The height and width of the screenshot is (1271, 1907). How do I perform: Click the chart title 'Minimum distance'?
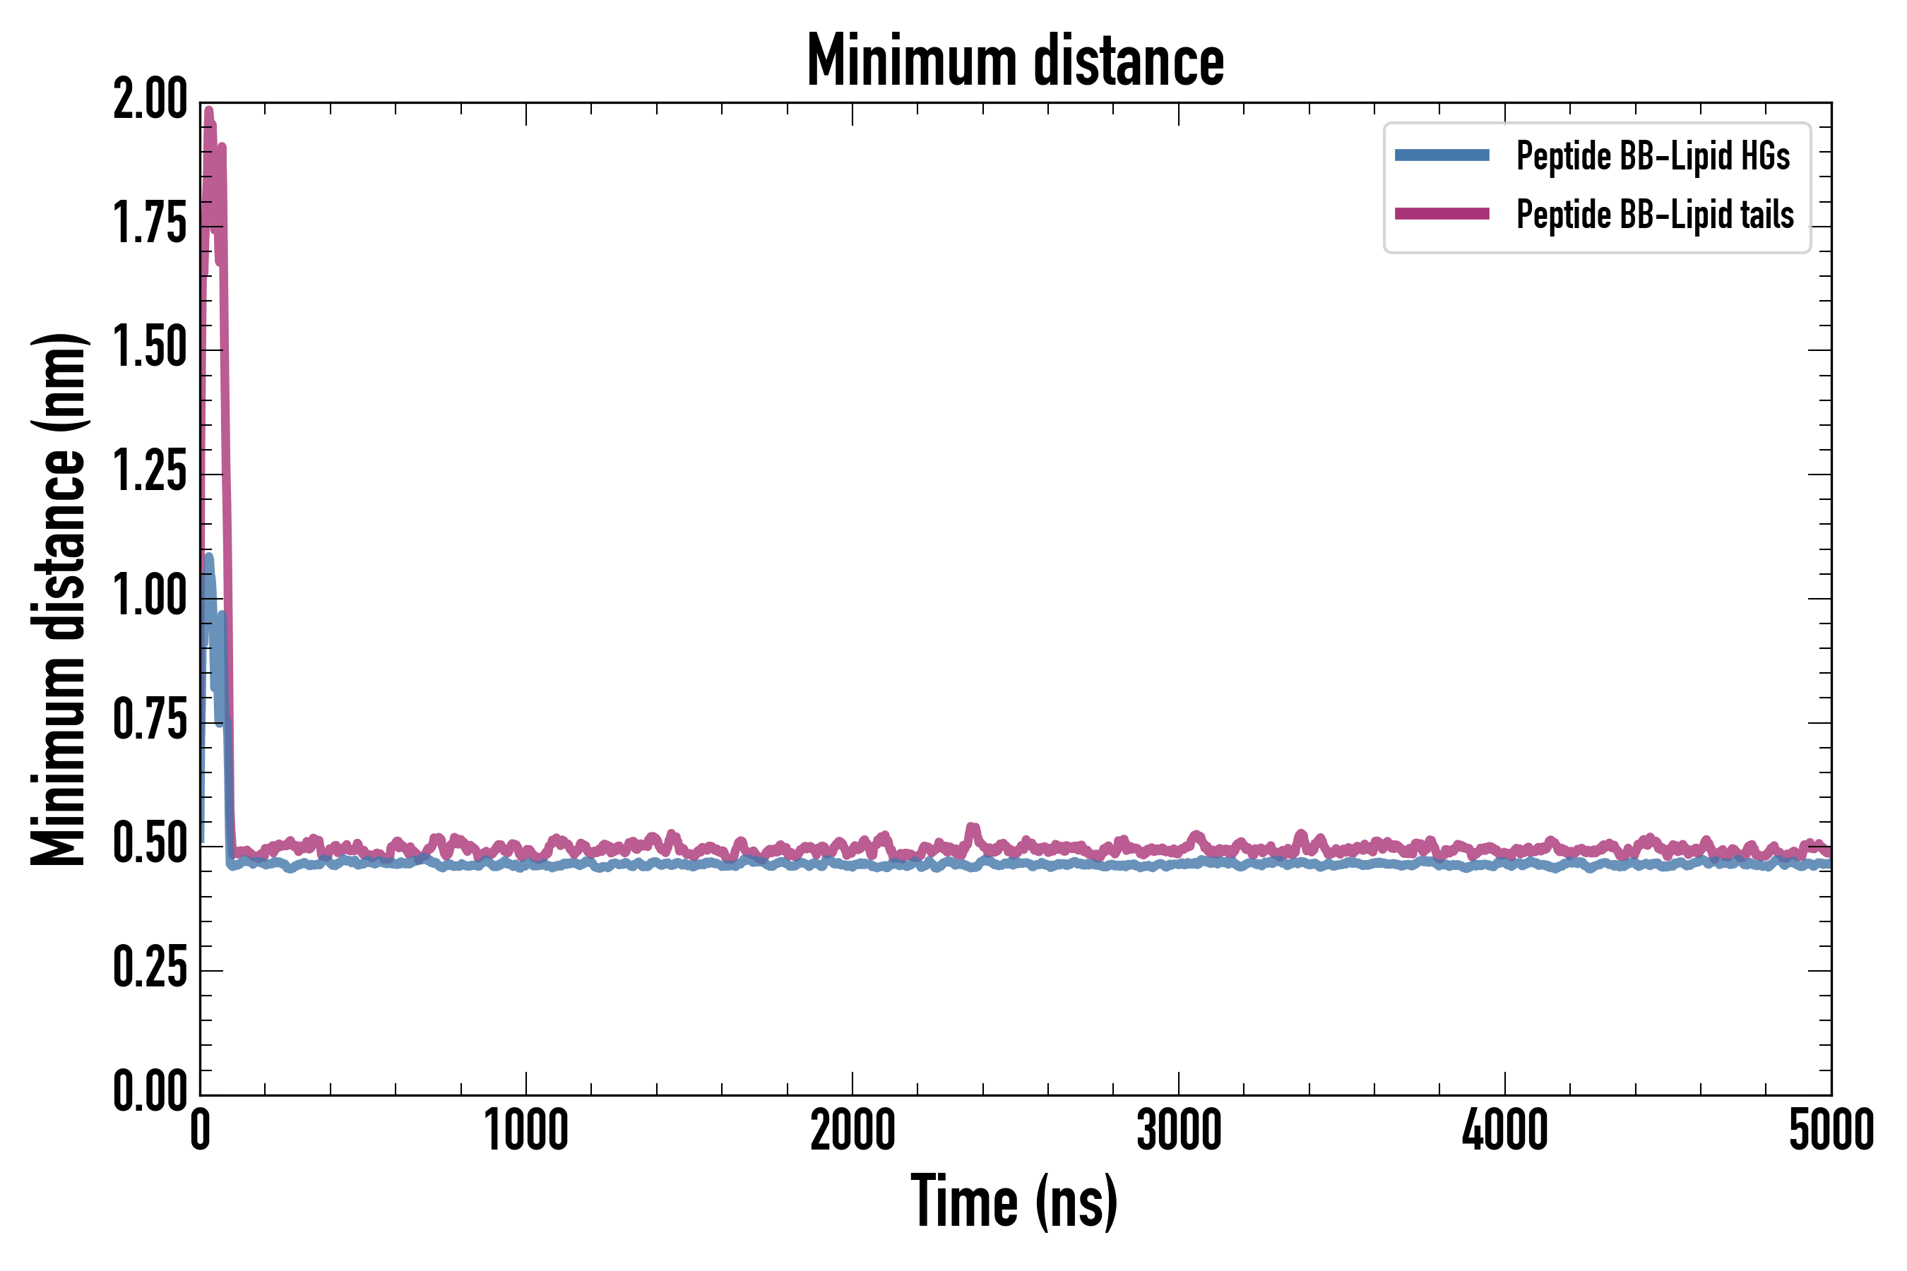coord(1015,61)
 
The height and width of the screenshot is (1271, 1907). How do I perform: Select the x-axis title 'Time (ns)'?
coord(1014,1202)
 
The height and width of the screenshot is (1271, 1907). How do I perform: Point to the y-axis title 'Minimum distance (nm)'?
coord(59,599)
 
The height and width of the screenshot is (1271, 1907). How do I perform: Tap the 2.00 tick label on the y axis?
coord(150,101)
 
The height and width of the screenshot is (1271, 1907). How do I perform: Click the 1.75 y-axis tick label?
coord(150,225)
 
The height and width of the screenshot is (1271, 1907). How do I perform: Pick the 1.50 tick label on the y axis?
coord(150,350)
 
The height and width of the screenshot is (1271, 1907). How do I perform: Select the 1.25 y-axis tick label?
coord(150,473)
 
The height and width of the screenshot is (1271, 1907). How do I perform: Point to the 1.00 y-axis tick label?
coord(150,598)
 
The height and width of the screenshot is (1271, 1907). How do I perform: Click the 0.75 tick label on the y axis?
coord(150,722)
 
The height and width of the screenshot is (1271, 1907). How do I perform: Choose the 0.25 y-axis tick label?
coord(150,970)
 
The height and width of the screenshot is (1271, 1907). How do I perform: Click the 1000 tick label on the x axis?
coord(526,1132)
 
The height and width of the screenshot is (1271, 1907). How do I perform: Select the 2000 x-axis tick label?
coord(852,1132)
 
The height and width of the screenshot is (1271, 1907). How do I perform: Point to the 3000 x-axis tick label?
coord(1178,1132)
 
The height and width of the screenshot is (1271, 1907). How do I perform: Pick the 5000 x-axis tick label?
coord(1831,1132)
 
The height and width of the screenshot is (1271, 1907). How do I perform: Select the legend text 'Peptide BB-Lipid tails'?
coord(1655,215)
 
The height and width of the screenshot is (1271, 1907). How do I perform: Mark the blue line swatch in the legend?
coord(1442,155)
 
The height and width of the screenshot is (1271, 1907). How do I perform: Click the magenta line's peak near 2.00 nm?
coord(209,112)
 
